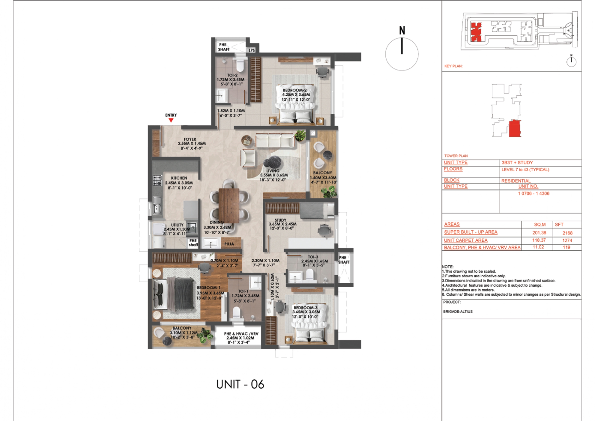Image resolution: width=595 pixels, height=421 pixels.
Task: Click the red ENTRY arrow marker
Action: click(x=171, y=120)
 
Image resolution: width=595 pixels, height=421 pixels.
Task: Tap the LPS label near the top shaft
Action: click(x=252, y=50)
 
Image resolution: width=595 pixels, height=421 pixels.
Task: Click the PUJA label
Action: click(x=229, y=244)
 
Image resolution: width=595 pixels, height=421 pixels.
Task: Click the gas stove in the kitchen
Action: click(x=157, y=181)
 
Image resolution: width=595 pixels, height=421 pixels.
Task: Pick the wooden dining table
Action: click(x=229, y=205)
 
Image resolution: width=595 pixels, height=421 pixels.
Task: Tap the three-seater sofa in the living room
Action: click(x=274, y=140)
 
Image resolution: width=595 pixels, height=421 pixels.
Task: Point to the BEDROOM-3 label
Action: click(x=305, y=308)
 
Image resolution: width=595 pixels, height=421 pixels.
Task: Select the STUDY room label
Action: click(x=280, y=220)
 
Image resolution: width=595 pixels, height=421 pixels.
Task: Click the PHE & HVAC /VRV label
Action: click(x=241, y=334)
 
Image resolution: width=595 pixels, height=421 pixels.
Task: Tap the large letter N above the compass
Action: click(x=402, y=30)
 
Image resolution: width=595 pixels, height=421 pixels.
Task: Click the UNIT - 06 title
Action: click(x=240, y=384)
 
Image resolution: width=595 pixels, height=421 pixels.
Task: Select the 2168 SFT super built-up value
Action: click(x=567, y=233)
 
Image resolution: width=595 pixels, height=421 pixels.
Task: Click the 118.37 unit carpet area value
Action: click(x=539, y=240)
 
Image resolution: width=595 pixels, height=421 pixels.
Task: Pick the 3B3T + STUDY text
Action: click(x=517, y=163)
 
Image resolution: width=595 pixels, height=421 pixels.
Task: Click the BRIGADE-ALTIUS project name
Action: click(x=458, y=311)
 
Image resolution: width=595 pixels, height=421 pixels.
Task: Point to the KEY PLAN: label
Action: click(x=453, y=66)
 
